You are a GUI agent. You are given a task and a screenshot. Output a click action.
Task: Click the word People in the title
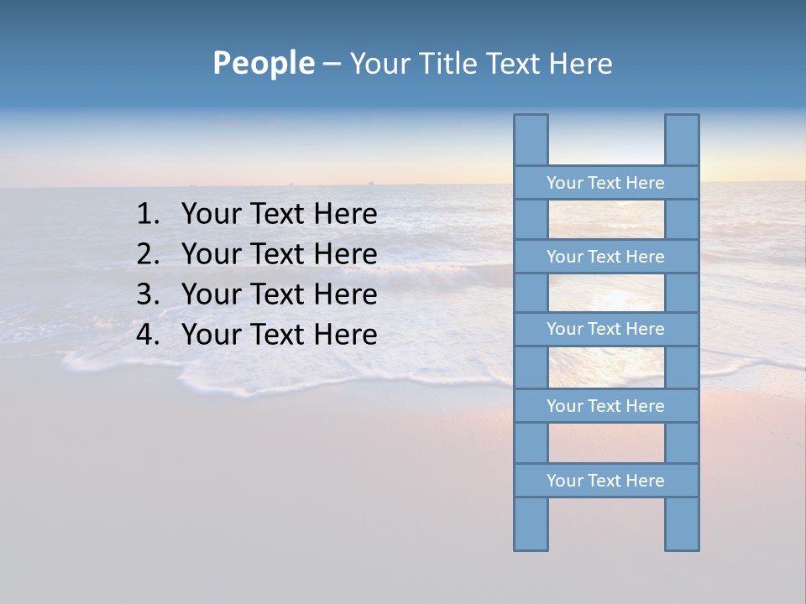point(263,64)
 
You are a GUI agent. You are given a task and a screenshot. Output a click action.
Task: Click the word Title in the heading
point(449,64)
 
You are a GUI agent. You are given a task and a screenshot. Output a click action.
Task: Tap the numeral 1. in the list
point(148,215)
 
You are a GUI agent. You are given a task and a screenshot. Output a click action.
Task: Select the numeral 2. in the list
point(148,255)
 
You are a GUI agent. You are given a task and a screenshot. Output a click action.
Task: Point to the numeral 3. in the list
point(148,295)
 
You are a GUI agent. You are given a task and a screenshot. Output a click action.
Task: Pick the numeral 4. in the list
point(148,336)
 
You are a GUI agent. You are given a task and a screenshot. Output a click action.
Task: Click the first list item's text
point(279,215)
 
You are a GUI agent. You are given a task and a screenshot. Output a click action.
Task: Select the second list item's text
point(279,255)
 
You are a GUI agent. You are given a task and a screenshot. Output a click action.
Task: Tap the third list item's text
point(279,295)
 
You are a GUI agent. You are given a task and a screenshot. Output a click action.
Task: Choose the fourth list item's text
point(279,336)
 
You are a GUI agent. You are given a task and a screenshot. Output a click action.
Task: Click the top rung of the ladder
point(605,183)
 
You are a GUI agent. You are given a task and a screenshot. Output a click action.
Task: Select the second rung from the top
point(605,257)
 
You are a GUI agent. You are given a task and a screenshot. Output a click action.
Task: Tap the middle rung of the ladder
point(605,329)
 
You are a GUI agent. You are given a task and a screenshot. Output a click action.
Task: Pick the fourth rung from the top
point(605,406)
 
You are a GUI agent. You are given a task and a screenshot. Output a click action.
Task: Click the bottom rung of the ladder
point(605,481)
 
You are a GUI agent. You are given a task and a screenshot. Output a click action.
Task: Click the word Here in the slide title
point(580,64)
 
